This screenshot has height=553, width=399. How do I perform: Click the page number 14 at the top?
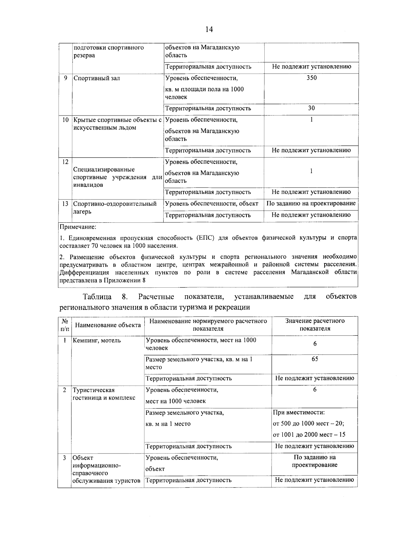[x=209, y=29]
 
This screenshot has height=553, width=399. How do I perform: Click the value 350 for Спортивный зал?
[x=312, y=78]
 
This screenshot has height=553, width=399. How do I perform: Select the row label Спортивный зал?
[x=97, y=78]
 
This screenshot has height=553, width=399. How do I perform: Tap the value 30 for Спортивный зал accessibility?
[x=312, y=108]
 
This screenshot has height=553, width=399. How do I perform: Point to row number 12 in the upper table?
[x=65, y=162]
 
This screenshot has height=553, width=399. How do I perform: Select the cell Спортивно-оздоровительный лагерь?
[x=115, y=207]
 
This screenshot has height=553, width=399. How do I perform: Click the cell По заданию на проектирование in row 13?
[x=311, y=203]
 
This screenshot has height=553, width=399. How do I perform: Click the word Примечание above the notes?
[x=78, y=227]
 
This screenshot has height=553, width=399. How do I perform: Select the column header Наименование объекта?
[x=108, y=325]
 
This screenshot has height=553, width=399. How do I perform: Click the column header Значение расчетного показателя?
[x=315, y=325]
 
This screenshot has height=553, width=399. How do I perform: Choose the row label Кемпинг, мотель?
[x=97, y=341]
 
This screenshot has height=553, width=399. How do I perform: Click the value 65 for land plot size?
[x=315, y=359]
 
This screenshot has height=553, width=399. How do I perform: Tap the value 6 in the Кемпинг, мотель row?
[x=315, y=344]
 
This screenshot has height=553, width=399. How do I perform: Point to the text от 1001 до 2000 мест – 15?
[x=309, y=434]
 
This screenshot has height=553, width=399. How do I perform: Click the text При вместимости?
[x=299, y=413]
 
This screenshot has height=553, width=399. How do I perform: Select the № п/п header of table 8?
[x=65, y=325]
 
